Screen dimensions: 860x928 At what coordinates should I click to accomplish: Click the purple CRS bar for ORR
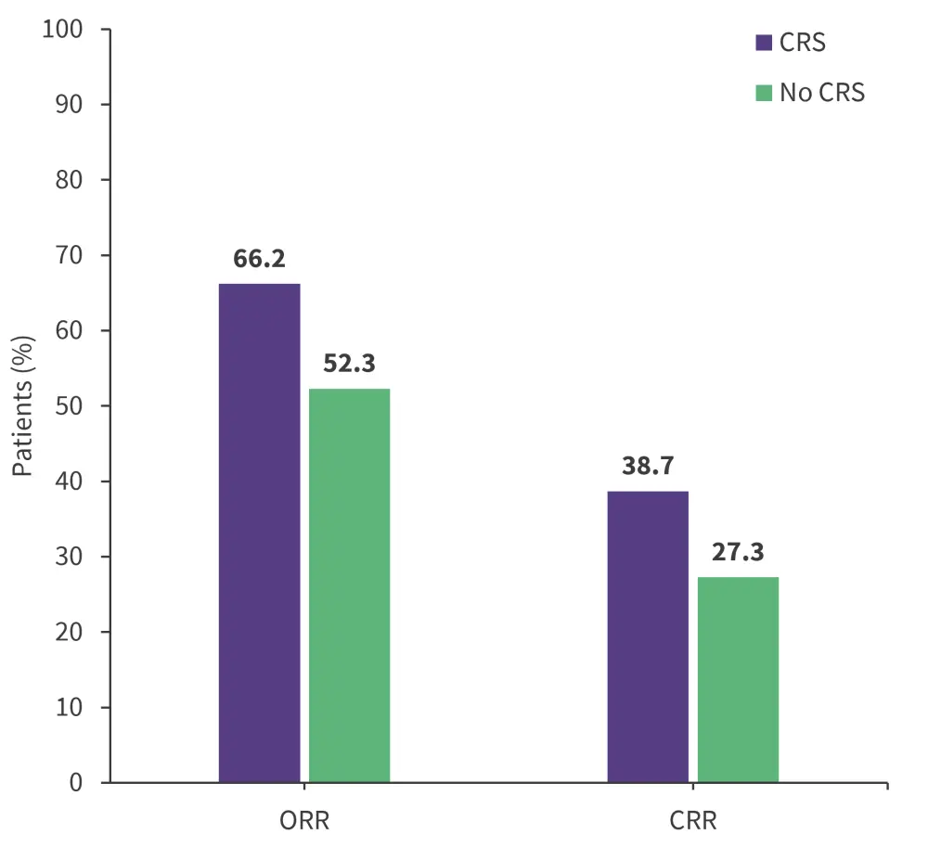click(259, 533)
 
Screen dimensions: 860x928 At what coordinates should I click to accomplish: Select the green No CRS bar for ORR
click(349, 585)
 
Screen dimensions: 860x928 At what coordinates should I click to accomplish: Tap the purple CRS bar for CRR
click(648, 636)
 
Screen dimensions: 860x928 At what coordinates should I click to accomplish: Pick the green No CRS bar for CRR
click(738, 679)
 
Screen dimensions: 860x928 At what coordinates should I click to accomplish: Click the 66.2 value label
click(259, 259)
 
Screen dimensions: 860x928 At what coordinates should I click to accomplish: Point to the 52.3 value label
click(349, 364)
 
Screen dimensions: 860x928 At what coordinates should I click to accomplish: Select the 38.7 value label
click(648, 466)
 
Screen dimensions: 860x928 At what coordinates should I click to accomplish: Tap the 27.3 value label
click(738, 553)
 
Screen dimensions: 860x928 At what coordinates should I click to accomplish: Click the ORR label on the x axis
click(304, 822)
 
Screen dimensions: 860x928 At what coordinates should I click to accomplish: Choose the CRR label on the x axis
click(693, 822)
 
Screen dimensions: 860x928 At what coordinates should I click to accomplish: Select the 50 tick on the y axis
click(70, 406)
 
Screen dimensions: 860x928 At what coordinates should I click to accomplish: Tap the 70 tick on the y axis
click(70, 255)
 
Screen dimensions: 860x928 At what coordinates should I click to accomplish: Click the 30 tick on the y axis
click(70, 557)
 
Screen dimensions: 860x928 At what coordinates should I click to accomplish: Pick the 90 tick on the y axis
click(70, 105)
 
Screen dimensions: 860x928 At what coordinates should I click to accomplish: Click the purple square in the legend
click(764, 43)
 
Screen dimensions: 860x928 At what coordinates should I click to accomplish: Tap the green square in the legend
click(764, 93)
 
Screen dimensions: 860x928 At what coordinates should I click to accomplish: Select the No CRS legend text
click(822, 93)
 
